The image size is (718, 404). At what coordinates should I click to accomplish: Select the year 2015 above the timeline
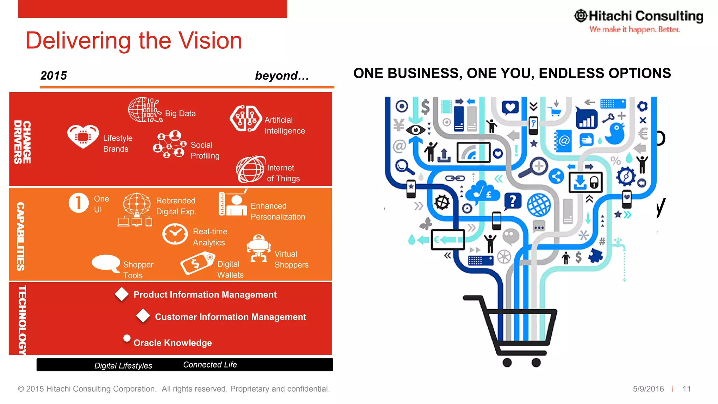click(x=54, y=75)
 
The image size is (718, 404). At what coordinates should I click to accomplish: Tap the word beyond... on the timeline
click(x=282, y=75)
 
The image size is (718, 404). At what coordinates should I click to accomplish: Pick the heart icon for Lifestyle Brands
click(x=83, y=136)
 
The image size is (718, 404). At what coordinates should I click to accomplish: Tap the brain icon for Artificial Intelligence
click(x=245, y=119)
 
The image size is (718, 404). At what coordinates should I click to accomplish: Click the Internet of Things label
click(x=283, y=173)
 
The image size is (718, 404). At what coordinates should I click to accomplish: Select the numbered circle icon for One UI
click(x=79, y=203)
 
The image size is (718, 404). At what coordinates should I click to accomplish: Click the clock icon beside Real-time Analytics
click(x=175, y=235)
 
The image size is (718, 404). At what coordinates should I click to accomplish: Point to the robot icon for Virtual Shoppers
click(x=259, y=248)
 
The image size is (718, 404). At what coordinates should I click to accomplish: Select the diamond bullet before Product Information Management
click(x=122, y=294)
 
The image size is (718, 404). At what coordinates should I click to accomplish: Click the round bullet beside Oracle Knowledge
click(x=127, y=338)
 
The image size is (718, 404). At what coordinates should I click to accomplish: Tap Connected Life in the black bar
click(x=210, y=365)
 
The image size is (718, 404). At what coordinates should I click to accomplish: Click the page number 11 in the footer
click(x=686, y=389)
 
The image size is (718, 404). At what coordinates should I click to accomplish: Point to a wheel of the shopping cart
click(x=507, y=363)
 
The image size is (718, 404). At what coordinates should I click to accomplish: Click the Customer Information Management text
click(x=230, y=317)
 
